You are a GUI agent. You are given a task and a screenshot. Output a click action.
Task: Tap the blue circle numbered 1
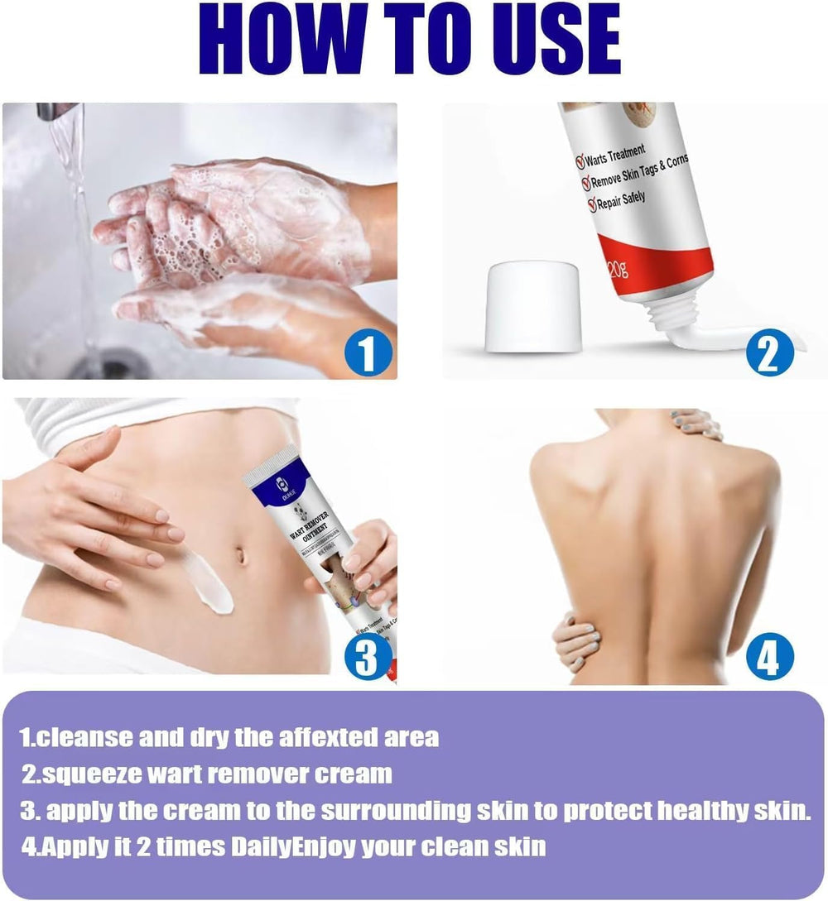click(x=366, y=354)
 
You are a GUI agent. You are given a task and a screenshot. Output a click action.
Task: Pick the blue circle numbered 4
click(x=768, y=659)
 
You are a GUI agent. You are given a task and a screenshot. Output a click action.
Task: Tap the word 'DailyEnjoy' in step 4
click(x=248, y=846)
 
